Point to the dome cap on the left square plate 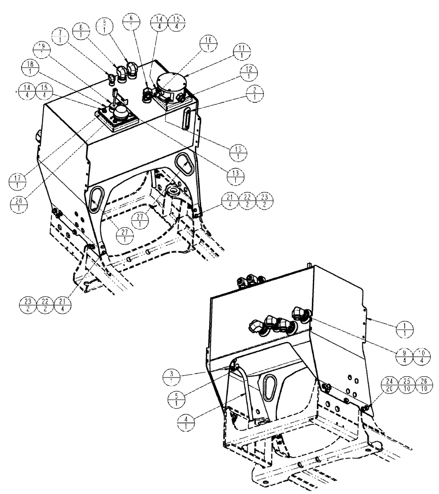coord(120,115)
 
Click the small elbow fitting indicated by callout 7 coord(111,77)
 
